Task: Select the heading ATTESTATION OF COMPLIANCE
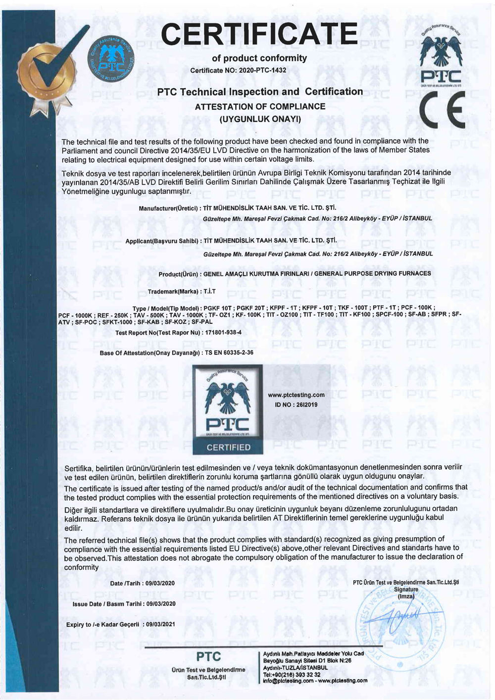tap(260, 106)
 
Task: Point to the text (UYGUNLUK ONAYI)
tap(260, 119)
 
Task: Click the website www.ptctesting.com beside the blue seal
tap(296, 395)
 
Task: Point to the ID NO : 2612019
tap(296, 404)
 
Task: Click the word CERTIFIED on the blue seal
tap(228, 448)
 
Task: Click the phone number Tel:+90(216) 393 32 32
tap(292, 674)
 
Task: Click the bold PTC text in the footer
tap(208, 657)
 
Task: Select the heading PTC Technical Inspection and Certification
tap(260, 92)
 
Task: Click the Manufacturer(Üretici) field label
tap(169, 208)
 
